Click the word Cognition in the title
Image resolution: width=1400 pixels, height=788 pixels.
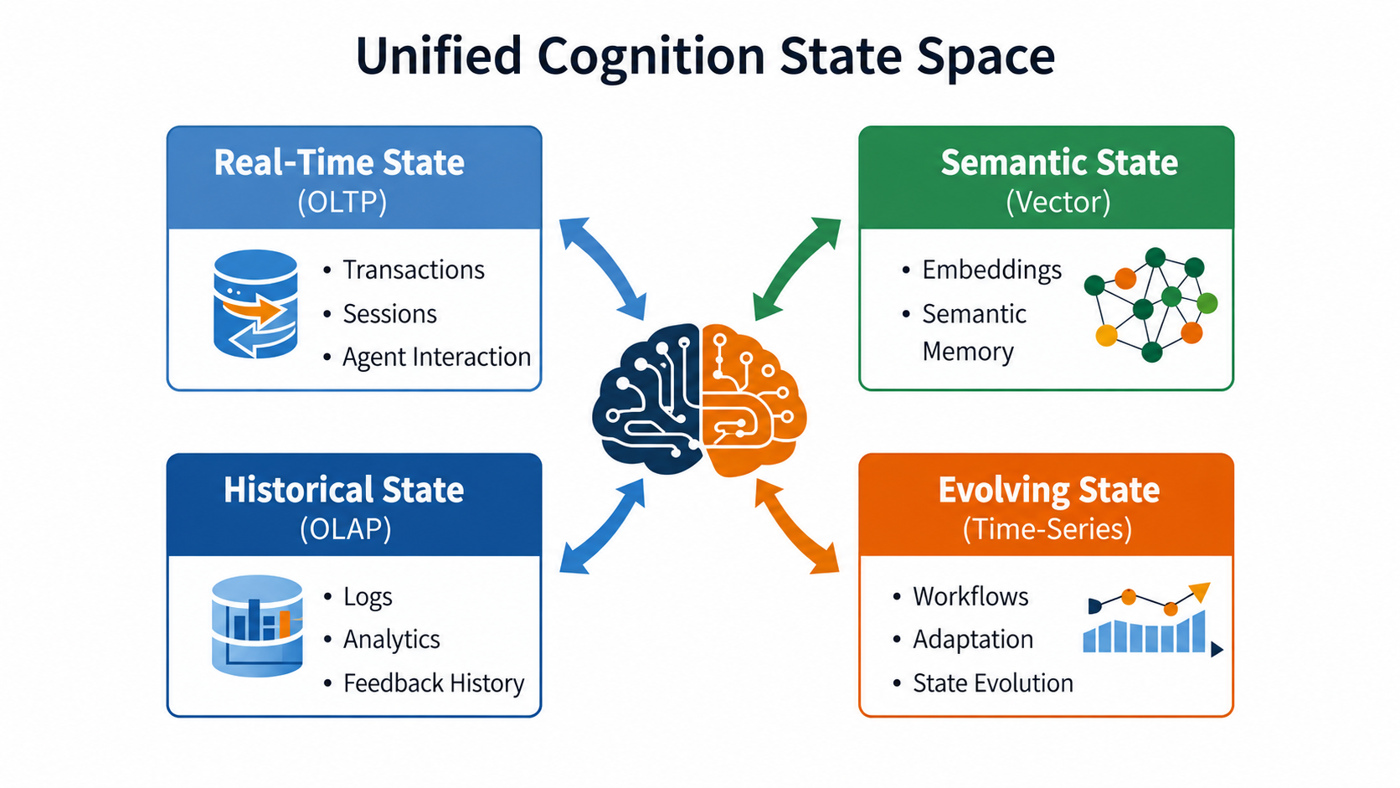(651, 57)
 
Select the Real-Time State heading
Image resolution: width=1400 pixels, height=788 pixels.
(339, 162)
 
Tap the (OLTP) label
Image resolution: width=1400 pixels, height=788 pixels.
(342, 202)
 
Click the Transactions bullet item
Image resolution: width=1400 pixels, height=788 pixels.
(413, 270)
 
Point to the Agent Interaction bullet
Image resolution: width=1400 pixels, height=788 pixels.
(436, 358)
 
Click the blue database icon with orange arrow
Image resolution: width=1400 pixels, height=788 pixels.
(255, 304)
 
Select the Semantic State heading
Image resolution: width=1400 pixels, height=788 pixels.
(1059, 162)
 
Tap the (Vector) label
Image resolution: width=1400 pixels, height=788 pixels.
(1058, 202)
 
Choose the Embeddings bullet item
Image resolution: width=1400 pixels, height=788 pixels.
(992, 270)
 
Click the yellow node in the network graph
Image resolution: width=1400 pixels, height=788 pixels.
(1106, 336)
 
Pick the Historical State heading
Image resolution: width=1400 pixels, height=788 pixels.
(344, 490)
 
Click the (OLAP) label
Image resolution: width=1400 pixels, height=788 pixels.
(345, 528)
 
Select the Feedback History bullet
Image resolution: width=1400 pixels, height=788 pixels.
(434, 683)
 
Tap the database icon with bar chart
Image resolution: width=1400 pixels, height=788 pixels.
(257, 626)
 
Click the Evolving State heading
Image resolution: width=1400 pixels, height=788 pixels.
(1049, 490)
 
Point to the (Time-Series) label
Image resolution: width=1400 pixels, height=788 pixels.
(1047, 528)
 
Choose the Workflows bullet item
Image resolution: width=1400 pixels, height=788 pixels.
(970, 597)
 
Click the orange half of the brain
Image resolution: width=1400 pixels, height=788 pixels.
(750, 400)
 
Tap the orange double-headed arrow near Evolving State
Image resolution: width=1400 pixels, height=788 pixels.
(797, 526)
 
